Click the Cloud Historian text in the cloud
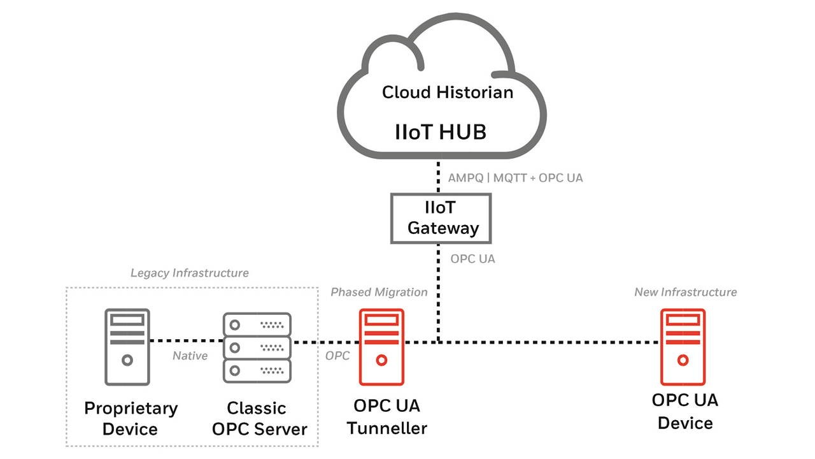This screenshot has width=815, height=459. (x=448, y=92)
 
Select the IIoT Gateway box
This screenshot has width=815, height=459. (x=441, y=218)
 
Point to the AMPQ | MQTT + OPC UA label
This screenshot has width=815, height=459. (x=516, y=178)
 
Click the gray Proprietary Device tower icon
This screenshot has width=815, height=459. (x=127, y=347)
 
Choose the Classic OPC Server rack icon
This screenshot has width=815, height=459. (x=257, y=347)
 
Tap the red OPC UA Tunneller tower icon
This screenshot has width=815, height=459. (x=381, y=347)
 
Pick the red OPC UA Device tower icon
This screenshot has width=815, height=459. (x=683, y=347)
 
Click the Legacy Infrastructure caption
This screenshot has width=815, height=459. (x=189, y=273)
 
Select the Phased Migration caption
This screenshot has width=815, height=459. (x=379, y=292)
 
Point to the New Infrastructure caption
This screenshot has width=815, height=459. (x=685, y=292)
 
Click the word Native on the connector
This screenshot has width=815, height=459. (x=190, y=356)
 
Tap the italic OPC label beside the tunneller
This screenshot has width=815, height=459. (x=337, y=356)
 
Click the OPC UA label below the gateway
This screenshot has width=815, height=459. (x=472, y=259)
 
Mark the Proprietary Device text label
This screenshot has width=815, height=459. (x=131, y=418)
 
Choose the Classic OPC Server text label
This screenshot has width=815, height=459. (x=257, y=418)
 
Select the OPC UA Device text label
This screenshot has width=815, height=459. (x=685, y=412)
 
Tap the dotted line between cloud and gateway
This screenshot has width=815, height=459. (x=438, y=176)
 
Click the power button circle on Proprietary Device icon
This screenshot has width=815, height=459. (x=127, y=360)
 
